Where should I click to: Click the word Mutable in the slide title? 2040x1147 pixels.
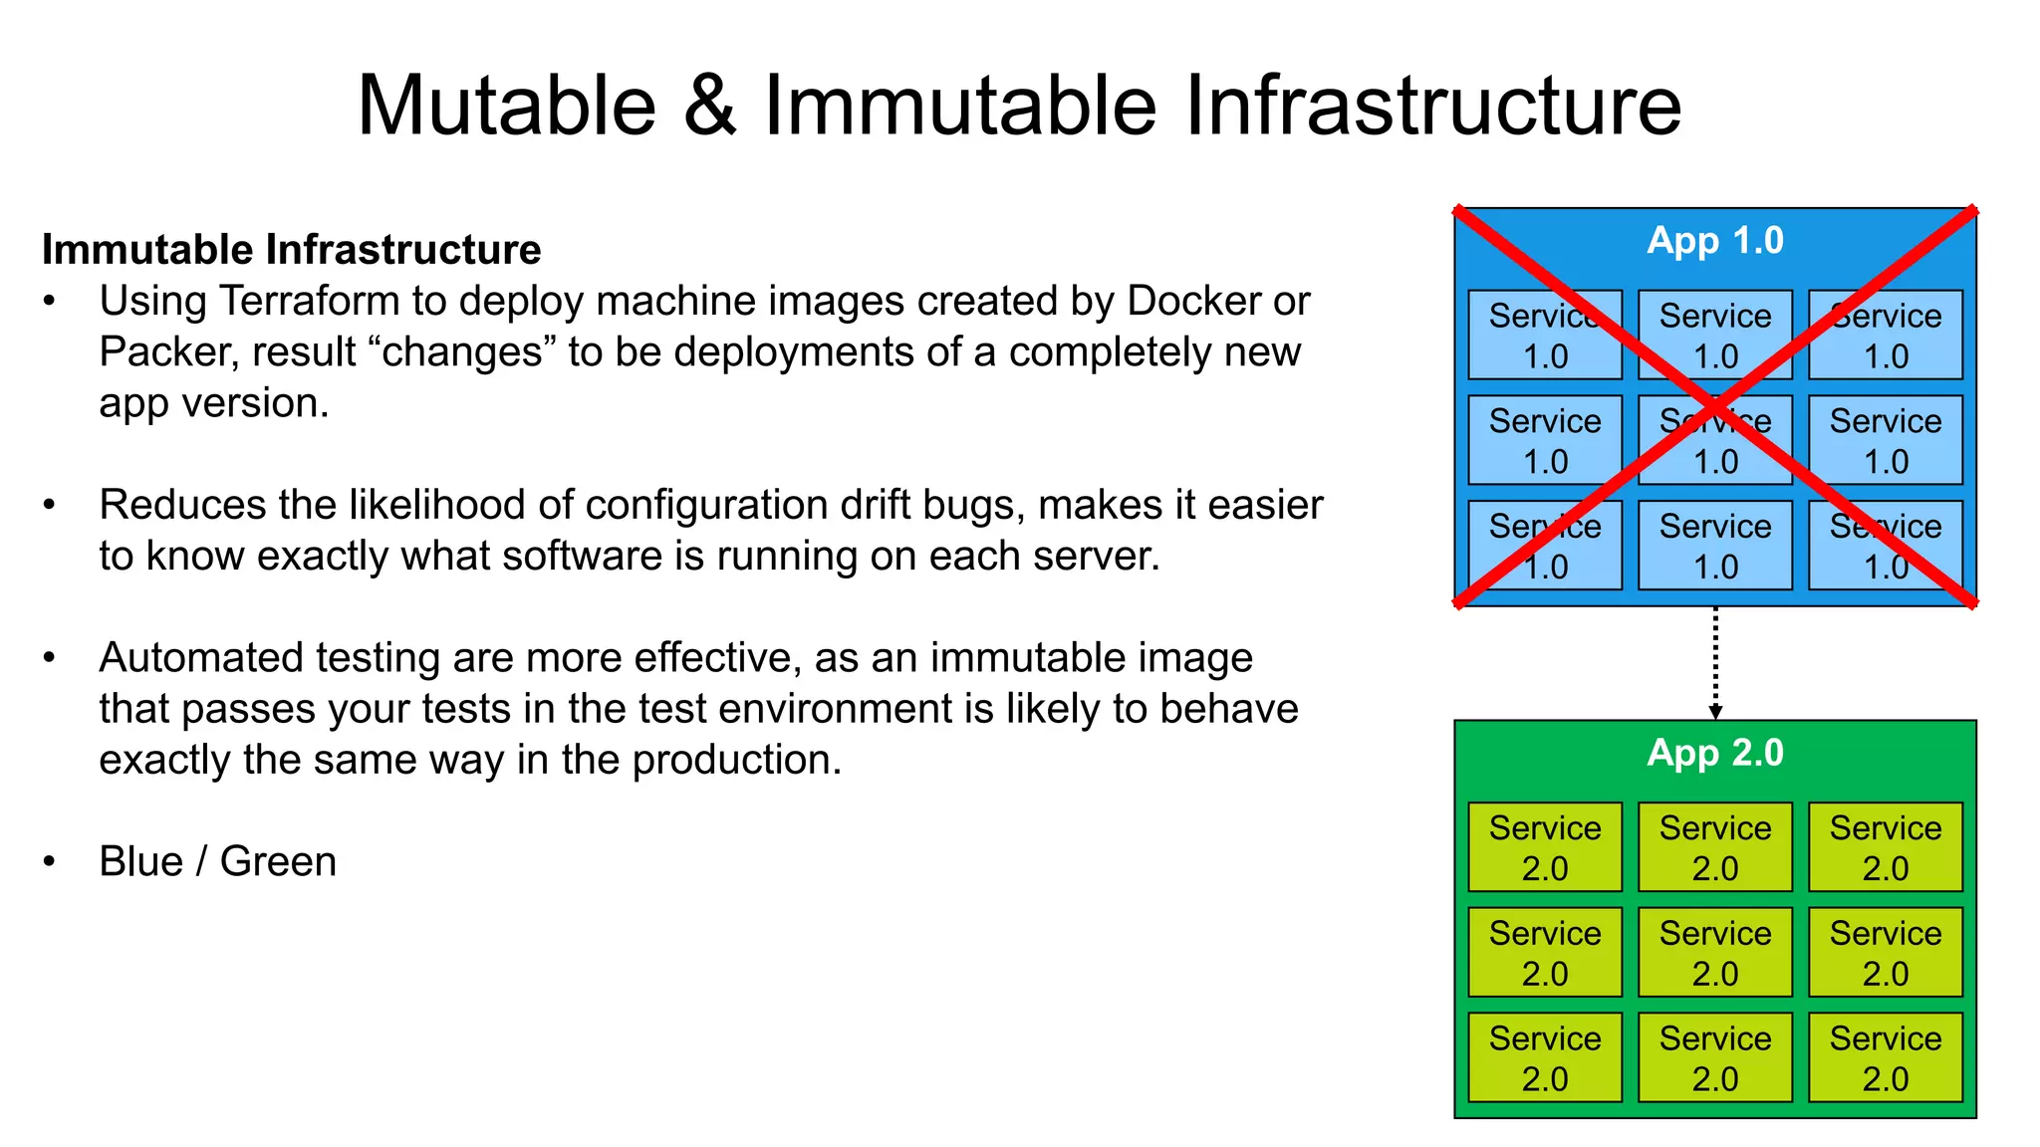506,106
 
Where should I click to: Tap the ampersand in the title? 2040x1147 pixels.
709,106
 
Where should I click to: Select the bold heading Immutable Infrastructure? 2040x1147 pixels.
291,249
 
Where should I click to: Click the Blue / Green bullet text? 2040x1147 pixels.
217,861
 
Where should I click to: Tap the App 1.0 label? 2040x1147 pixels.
1714,241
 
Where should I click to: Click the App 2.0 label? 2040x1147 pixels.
1714,753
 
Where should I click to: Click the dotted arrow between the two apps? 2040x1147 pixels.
1714,662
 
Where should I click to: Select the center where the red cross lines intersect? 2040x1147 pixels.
1714,406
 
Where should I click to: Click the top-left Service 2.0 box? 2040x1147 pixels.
1545,847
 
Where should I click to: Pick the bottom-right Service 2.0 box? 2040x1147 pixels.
1885,1057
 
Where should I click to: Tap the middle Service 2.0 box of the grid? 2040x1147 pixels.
1714,952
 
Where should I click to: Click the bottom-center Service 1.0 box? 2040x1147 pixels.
1714,546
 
